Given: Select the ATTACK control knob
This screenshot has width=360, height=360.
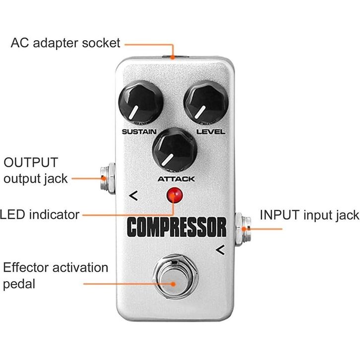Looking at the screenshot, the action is click(175, 150).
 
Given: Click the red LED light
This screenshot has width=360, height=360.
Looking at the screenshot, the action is click(175, 195).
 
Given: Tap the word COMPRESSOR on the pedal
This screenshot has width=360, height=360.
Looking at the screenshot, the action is click(177, 227).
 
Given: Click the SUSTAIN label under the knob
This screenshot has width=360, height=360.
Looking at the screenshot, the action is click(139, 132).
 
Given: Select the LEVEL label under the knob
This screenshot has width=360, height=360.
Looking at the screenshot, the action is click(211, 132).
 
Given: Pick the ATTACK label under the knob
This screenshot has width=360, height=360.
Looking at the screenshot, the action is click(177, 179).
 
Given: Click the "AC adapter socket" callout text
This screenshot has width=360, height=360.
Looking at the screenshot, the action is click(65, 43).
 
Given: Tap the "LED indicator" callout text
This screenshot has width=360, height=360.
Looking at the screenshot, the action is click(40, 215).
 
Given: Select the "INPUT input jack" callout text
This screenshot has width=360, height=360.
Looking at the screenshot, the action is click(309, 215).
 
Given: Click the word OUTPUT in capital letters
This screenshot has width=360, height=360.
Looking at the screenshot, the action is click(31, 163).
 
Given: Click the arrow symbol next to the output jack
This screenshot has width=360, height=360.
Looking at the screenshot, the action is click(133, 195).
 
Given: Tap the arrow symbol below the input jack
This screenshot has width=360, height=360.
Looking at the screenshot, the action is click(220, 250).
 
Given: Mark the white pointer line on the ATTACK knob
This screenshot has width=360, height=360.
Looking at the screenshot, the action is click(168, 160).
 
